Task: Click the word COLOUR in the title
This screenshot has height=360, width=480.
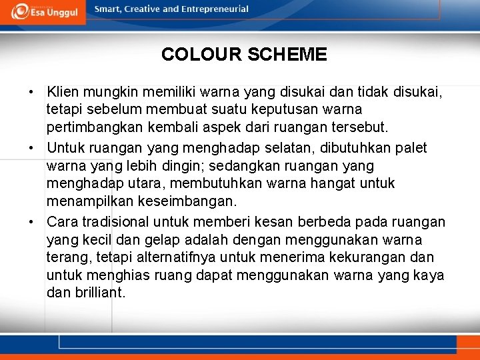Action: pyautogui.click(x=201, y=54)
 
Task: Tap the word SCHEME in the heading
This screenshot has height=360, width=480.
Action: pyautogui.click(x=287, y=54)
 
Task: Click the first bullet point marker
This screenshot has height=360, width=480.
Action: pyautogui.click(x=31, y=91)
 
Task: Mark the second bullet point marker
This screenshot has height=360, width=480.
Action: pyautogui.click(x=31, y=148)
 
